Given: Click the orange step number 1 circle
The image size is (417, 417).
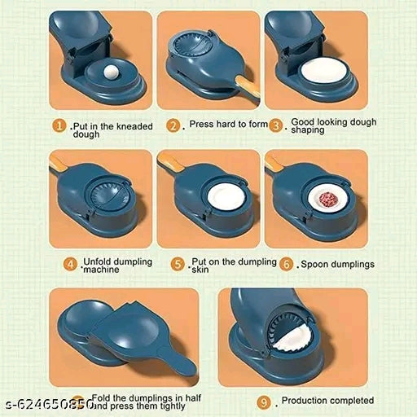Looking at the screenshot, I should [x=60, y=126].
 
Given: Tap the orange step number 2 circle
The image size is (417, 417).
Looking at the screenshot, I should [x=173, y=126].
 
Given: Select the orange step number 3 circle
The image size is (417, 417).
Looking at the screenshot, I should [x=276, y=125].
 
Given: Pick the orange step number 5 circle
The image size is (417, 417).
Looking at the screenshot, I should [x=178, y=264].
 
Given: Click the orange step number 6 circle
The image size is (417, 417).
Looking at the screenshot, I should [x=286, y=264].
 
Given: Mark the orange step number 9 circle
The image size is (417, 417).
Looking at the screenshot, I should [x=263, y=402].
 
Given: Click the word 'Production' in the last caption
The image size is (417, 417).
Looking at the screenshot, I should [x=307, y=401].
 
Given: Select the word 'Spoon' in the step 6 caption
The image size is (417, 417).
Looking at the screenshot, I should [x=314, y=265].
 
